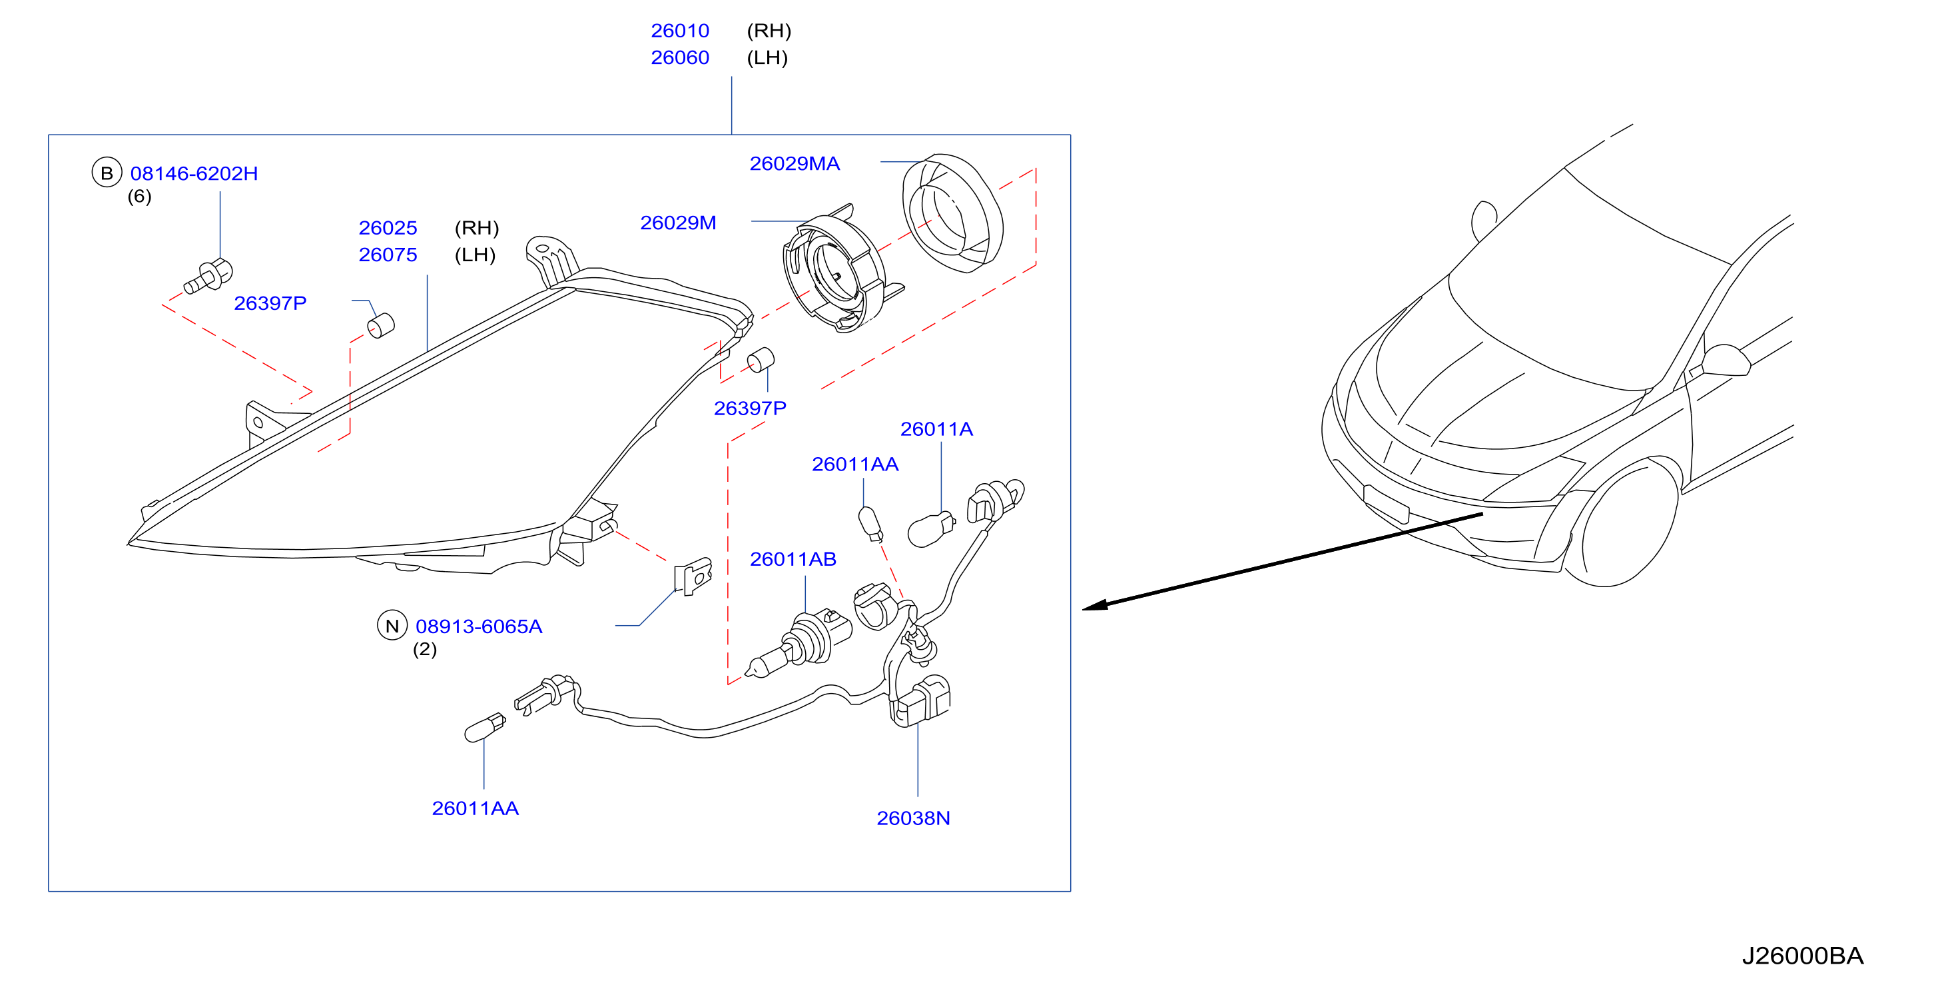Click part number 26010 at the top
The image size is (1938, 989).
coord(679,31)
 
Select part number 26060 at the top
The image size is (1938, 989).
coord(679,58)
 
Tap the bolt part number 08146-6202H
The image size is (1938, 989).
coord(194,174)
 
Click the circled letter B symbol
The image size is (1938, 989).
coord(107,173)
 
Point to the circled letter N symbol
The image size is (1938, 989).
coord(392,626)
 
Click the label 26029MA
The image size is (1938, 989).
coord(795,164)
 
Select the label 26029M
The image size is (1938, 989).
coord(678,223)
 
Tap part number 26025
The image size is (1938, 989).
coord(388,228)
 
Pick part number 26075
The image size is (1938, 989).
coord(388,255)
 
